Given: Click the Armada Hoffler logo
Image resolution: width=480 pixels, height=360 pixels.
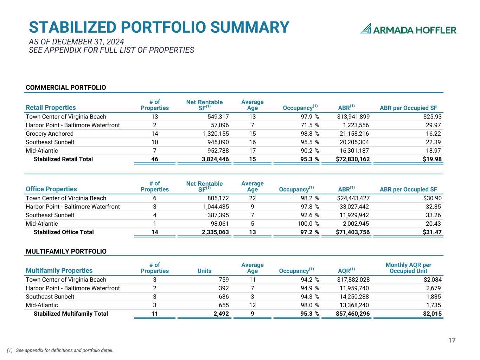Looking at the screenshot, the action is click(408, 28).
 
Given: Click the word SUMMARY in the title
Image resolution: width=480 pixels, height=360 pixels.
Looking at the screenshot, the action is click(250, 27).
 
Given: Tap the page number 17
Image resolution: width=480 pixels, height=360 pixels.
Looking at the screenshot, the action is click(452, 340).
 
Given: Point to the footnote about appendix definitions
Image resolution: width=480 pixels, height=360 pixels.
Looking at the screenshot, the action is click(60, 351).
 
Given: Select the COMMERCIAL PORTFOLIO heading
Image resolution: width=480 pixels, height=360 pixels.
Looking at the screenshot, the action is click(66, 88).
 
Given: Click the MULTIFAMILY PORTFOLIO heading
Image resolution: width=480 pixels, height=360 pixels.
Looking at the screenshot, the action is click(66, 251).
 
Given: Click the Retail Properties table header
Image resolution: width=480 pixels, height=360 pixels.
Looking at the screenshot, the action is click(51, 108).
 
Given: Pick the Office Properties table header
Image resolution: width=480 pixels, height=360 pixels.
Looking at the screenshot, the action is click(51, 189).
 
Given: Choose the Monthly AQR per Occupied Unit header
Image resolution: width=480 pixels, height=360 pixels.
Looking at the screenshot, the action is click(408, 268).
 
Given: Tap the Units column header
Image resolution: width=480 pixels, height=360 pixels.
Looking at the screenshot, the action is click(204, 271).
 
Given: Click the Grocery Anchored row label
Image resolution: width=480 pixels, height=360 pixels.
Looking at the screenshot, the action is click(50, 134).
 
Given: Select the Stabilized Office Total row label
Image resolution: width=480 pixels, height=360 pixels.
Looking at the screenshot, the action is click(64, 232).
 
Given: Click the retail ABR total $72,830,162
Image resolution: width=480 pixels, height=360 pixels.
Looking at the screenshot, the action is click(353, 159).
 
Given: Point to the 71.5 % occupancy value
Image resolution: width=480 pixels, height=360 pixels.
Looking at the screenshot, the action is click(310, 125).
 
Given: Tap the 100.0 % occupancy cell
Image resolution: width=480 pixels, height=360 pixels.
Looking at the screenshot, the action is click(308, 224).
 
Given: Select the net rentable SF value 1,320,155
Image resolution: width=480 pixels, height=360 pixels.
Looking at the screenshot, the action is click(216, 134).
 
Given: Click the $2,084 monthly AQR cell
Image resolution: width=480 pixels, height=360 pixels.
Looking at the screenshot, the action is click(433, 279).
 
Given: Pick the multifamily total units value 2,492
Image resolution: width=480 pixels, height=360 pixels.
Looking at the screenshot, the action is click(221, 314).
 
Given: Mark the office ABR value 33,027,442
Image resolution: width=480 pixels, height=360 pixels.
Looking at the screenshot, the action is click(354, 207).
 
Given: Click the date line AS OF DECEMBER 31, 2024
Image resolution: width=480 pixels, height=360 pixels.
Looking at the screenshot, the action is click(76, 41).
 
